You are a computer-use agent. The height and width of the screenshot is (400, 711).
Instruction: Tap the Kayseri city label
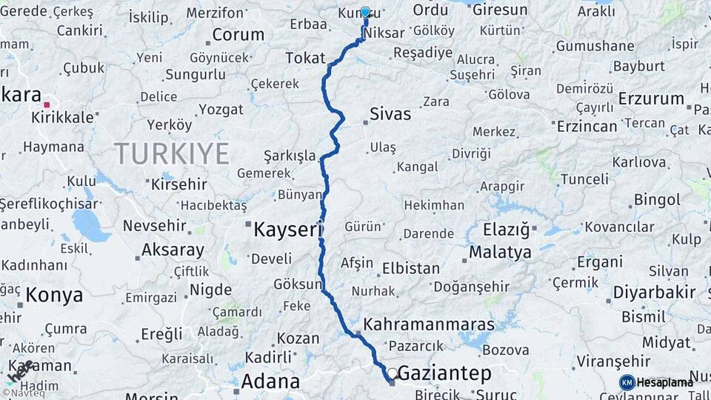pyautogui.click(x=288, y=230)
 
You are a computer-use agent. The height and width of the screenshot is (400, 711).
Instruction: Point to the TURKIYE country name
pyautogui.click(x=172, y=154)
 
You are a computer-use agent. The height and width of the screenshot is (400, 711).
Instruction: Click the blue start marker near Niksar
pyautogui.click(x=365, y=13)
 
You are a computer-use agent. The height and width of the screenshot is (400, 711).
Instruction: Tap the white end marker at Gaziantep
pyautogui.click(x=393, y=373)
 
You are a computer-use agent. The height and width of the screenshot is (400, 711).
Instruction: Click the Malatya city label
pyautogui.click(x=500, y=253)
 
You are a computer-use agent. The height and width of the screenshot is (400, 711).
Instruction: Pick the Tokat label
pyautogui.click(x=306, y=57)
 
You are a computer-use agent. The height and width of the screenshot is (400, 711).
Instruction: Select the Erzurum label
pyautogui.click(x=651, y=99)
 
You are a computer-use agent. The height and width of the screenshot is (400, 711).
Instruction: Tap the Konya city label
pyautogui.click(x=54, y=296)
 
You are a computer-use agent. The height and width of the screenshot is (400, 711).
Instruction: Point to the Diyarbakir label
pyautogui.click(x=654, y=291)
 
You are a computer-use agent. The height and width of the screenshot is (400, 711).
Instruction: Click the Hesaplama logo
pyautogui.click(x=656, y=382)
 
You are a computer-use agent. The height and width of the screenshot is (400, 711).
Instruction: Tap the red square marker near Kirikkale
pyautogui.click(x=47, y=105)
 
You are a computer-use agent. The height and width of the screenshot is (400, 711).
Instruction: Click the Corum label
pyautogui.click(x=238, y=35)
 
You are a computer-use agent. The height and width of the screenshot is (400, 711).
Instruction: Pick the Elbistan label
pyautogui.click(x=411, y=268)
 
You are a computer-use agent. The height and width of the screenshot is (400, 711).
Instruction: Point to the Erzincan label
pyautogui.click(x=587, y=127)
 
